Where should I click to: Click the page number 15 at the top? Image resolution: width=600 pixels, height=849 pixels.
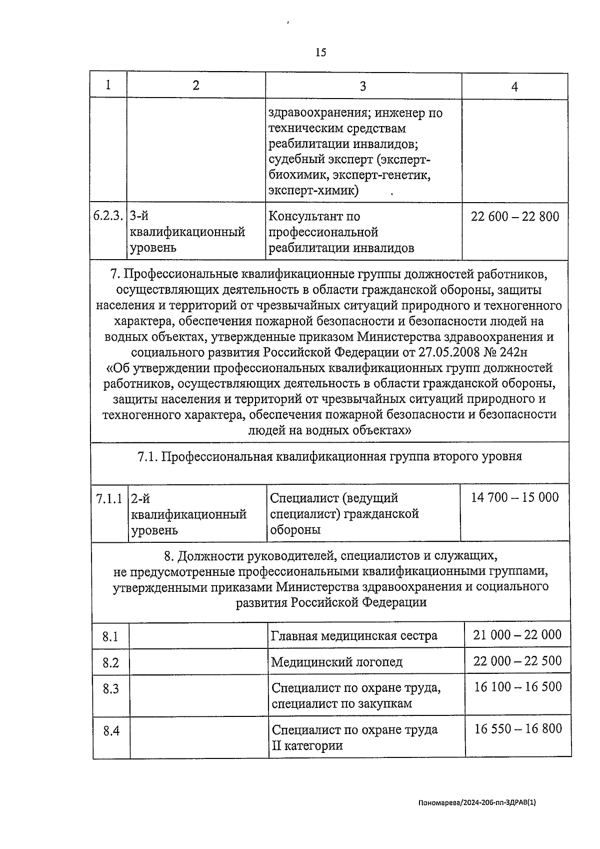[x=320, y=52]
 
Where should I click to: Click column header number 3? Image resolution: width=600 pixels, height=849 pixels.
[x=363, y=86]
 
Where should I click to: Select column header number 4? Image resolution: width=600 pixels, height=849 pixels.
[x=514, y=87]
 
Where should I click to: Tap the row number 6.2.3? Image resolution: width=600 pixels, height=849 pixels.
[x=107, y=216]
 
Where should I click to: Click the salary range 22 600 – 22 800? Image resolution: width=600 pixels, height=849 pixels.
[x=515, y=217]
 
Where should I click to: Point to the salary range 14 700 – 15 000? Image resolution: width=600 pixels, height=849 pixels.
[x=514, y=497]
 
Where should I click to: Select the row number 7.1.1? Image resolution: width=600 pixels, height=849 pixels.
[x=108, y=498]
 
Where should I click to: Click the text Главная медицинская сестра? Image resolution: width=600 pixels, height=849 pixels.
[x=354, y=636]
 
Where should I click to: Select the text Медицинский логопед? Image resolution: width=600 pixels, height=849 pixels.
[x=336, y=662]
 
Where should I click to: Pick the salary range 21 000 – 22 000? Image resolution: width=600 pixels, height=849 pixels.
[x=517, y=635]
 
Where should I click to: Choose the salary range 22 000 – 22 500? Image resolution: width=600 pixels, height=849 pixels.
[x=517, y=661]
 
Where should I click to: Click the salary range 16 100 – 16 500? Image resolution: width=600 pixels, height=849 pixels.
[x=517, y=687]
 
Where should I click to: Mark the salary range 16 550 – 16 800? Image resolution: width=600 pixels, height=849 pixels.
[x=518, y=729]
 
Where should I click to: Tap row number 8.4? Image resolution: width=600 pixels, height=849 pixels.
[x=111, y=731]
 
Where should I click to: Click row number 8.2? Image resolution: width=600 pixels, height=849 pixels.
[x=110, y=663]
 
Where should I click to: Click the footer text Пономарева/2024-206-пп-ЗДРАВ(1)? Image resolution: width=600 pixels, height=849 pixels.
[x=477, y=802]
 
